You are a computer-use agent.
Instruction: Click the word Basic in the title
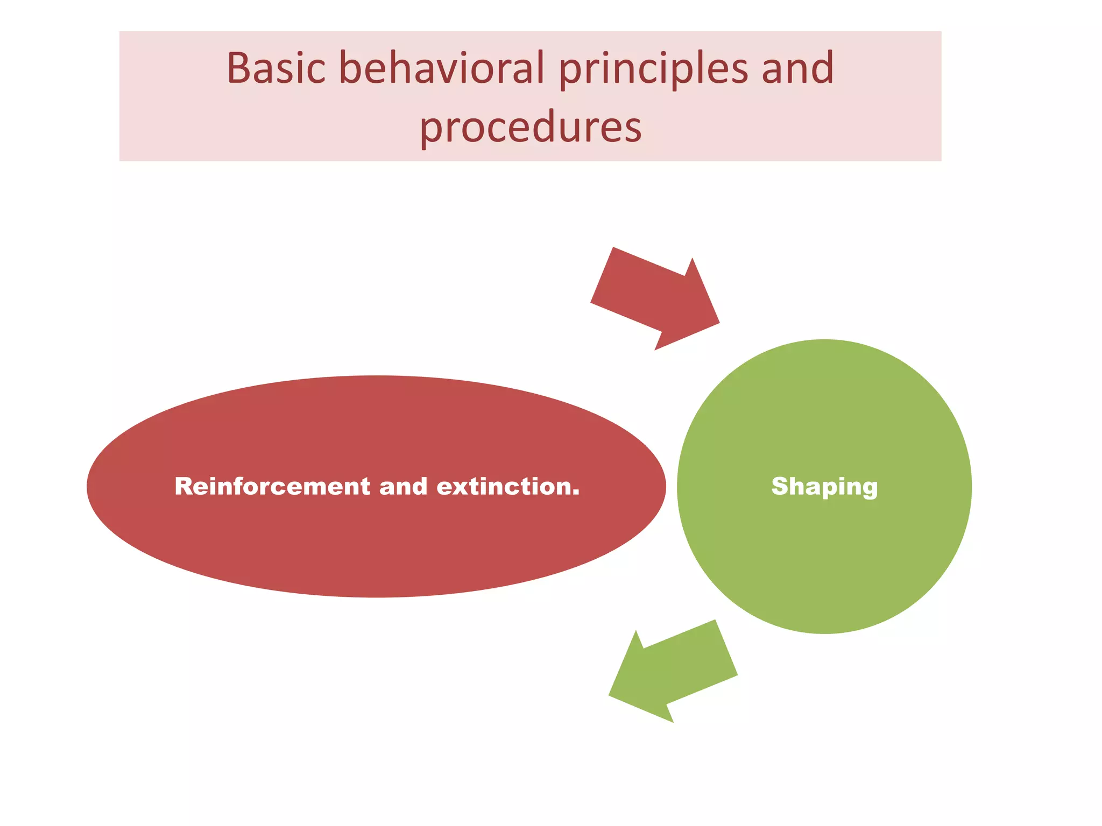coord(276,68)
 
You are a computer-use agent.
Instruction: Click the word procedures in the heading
coord(530,128)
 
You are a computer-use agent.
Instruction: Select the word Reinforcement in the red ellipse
coord(272,486)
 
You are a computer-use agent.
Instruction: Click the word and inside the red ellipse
coord(403,486)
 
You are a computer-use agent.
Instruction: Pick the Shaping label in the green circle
coord(824,487)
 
